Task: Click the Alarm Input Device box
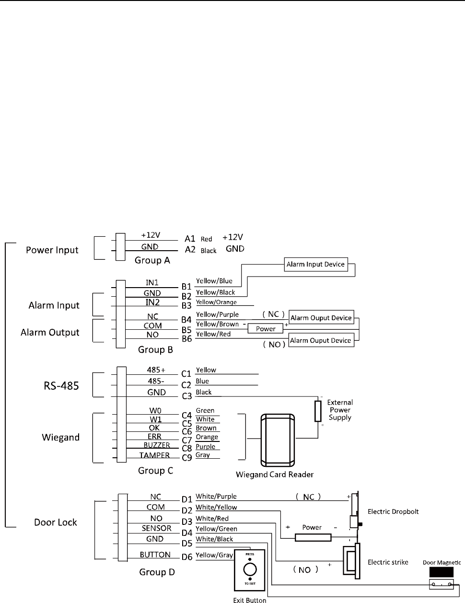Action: coord(315,264)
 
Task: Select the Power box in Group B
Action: coord(266,329)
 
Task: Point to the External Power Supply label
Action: coord(340,410)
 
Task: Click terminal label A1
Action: coord(190,238)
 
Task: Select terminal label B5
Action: coord(186,330)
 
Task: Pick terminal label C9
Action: coord(186,457)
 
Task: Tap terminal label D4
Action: coord(186,532)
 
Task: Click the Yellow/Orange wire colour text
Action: coord(216,302)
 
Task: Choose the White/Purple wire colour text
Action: coord(216,497)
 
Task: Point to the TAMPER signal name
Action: coord(154,455)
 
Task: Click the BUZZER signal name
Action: coord(157,445)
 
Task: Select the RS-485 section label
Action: coord(58,384)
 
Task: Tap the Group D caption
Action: coord(157,572)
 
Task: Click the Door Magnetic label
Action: coord(442,563)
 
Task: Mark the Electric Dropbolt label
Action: coord(393,511)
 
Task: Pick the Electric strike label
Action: coord(388,562)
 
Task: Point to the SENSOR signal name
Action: coord(156,528)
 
